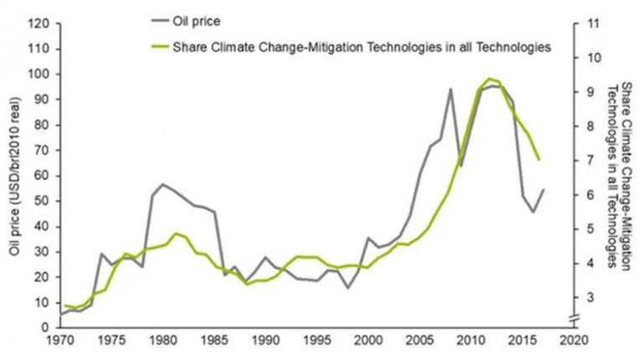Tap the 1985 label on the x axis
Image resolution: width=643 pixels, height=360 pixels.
pyautogui.click(x=213, y=342)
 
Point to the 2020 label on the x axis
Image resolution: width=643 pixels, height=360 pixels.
pyautogui.click(x=571, y=342)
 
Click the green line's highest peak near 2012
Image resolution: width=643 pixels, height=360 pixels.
pyautogui.click(x=489, y=79)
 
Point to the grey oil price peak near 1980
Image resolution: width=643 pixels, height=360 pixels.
pyautogui.click(x=162, y=184)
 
